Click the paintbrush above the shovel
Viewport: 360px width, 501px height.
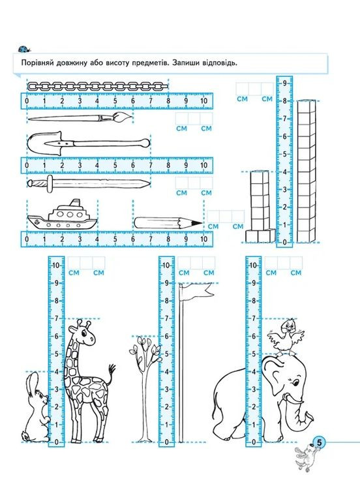(x=80, y=118)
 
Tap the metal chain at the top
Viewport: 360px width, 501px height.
(x=98, y=86)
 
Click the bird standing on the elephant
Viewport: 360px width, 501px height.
(x=285, y=337)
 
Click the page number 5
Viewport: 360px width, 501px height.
(x=319, y=442)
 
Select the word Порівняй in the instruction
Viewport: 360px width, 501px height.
(x=37, y=63)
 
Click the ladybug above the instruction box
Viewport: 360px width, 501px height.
(x=24, y=49)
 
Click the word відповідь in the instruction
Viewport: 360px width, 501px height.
(x=219, y=63)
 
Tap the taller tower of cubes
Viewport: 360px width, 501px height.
(x=306, y=172)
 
